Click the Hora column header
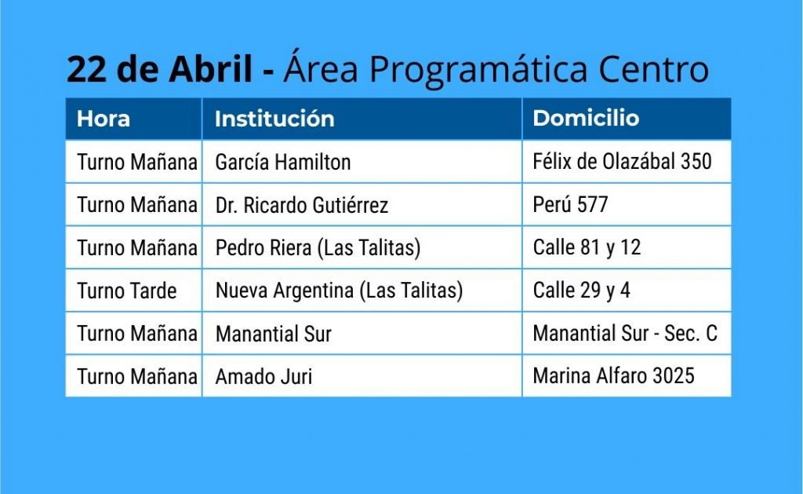(104, 119)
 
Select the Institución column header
(274, 119)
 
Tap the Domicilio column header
(586, 119)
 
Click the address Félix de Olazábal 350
(622, 162)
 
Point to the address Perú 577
(571, 205)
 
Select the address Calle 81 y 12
(587, 247)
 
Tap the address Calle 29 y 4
(581, 291)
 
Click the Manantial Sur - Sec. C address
(625, 334)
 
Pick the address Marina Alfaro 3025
(613, 376)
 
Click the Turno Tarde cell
(127, 291)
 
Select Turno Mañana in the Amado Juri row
(137, 376)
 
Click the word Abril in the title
(211, 69)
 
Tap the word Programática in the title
(478, 69)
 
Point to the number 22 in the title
(86, 70)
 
